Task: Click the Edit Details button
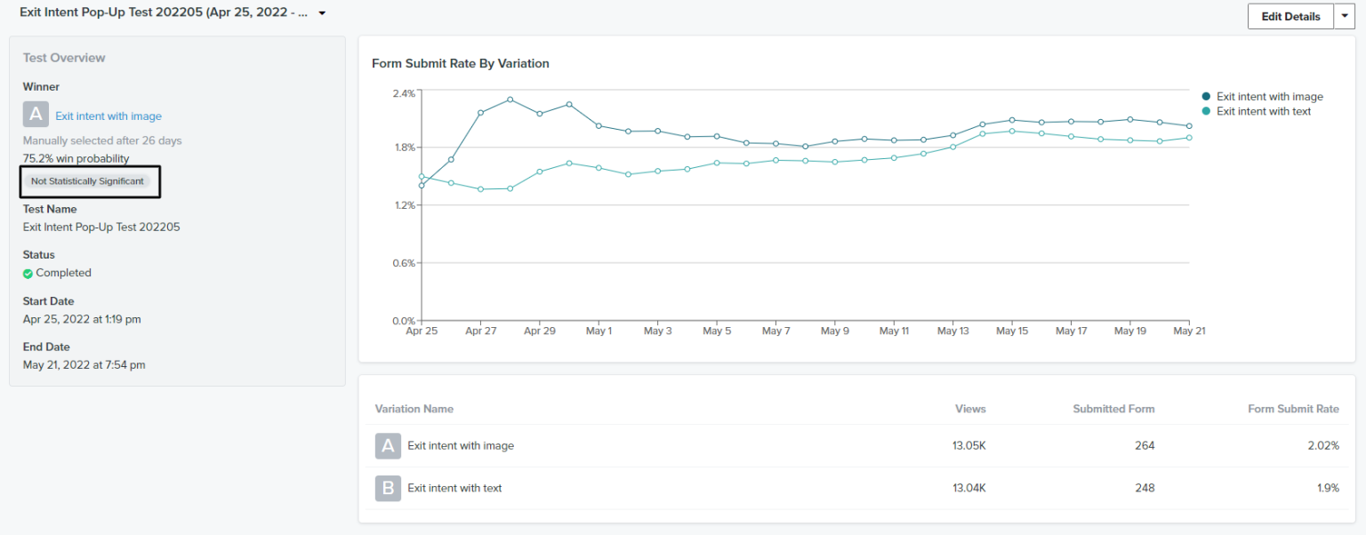coord(1290,17)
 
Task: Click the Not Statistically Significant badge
coord(87,181)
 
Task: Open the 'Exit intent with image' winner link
coord(108,116)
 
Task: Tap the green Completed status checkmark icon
coord(28,274)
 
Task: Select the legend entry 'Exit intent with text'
coord(1263,111)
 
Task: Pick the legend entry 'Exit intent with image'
coord(1269,97)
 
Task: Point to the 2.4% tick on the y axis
coord(404,93)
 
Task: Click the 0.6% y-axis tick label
coord(404,263)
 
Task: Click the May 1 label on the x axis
coord(599,331)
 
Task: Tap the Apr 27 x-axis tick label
coord(480,331)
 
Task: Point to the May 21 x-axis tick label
coord(1189,331)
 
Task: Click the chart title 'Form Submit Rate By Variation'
coord(460,64)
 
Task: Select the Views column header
coord(970,409)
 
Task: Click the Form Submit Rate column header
coord(1293,409)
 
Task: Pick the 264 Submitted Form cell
coord(1145,445)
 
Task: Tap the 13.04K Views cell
coord(968,488)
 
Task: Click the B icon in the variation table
coord(388,488)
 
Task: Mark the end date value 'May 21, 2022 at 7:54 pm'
coord(84,364)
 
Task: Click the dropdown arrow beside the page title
coord(322,14)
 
